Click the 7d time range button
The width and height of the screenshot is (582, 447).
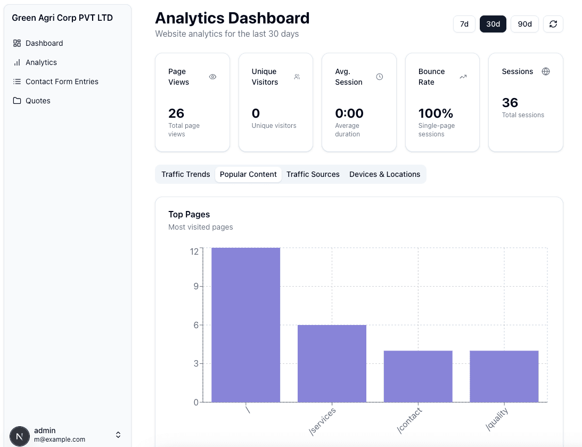coord(464,24)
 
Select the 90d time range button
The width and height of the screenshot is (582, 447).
coord(524,24)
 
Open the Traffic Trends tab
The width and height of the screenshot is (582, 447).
coord(185,174)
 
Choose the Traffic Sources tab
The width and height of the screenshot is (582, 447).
coord(313,174)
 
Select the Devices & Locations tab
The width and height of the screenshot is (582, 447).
coord(384,174)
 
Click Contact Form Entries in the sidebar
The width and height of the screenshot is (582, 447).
coord(62,82)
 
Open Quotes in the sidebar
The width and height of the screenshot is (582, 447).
coord(38,101)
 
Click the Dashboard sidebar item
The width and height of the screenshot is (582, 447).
coord(44,43)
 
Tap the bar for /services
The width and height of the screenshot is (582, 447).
coord(332,363)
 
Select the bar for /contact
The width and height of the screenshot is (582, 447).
coord(418,376)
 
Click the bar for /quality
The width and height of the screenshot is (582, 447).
coord(504,376)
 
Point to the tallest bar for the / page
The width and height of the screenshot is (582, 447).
coord(245,325)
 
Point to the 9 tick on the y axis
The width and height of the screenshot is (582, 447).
coord(195,287)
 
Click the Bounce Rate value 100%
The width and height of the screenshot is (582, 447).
coord(436,113)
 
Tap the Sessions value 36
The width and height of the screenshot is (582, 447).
coord(510,103)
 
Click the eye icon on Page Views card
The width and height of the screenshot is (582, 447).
coord(212,77)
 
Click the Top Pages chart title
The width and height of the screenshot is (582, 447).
coord(189,214)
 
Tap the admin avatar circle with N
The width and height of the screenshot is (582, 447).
coord(20,435)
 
